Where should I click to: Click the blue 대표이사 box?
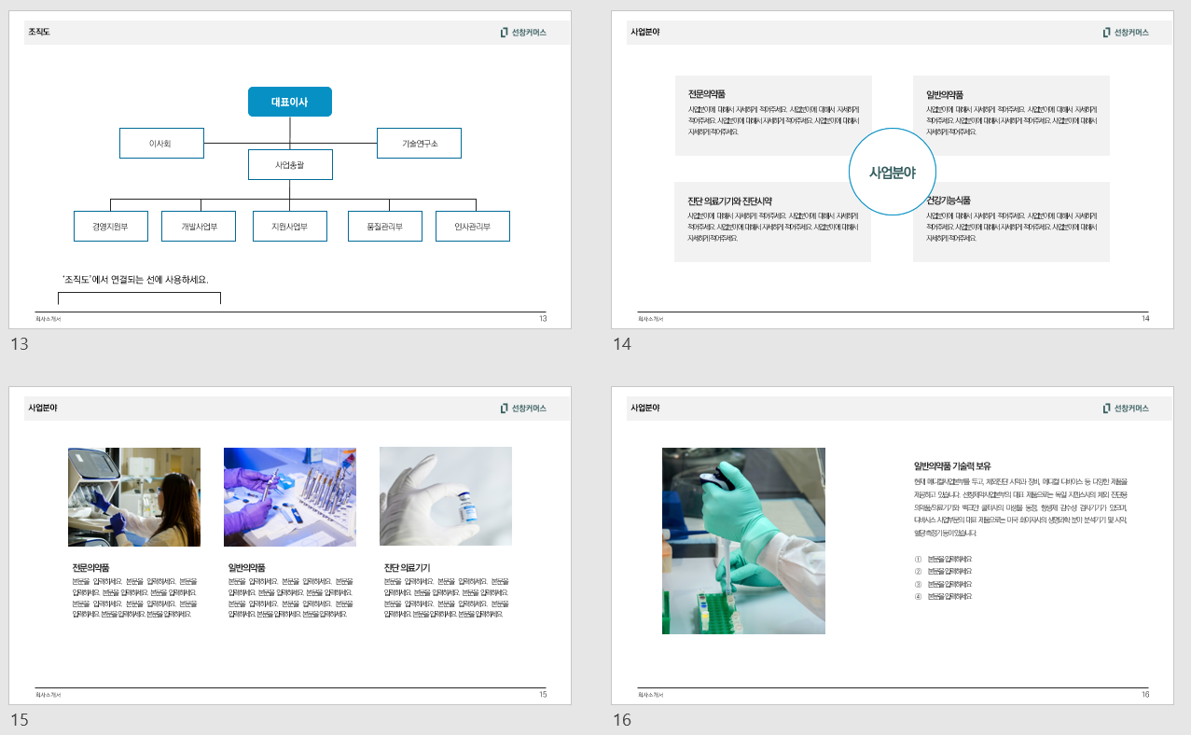pyautogui.click(x=289, y=102)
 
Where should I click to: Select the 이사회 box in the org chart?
pyautogui.click(x=161, y=144)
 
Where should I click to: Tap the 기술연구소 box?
pyautogui.click(x=419, y=144)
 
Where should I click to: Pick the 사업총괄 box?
pyautogui.click(x=290, y=165)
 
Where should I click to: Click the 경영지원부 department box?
pyautogui.click(x=110, y=227)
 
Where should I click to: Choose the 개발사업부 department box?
pyautogui.click(x=200, y=227)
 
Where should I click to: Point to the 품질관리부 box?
pyautogui.click(x=384, y=227)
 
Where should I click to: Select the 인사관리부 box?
pyautogui.click(x=473, y=227)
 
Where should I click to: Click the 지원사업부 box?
pyautogui.click(x=290, y=227)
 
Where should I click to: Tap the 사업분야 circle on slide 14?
pyautogui.click(x=893, y=172)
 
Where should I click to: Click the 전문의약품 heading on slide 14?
pyautogui.click(x=707, y=94)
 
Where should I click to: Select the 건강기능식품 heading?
pyautogui.click(x=949, y=201)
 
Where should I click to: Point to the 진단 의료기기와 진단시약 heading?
pyautogui.click(x=730, y=201)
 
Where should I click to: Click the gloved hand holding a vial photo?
pyautogui.click(x=446, y=496)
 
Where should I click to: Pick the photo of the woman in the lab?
pyautogui.click(x=134, y=496)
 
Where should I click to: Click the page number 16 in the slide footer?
pyautogui.click(x=1144, y=695)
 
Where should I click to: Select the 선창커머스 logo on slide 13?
pyautogui.click(x=523, y=33)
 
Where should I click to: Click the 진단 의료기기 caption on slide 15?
pyautogui.click(x=407, y=567)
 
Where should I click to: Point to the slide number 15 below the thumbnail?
pyautogui.click(x=20, y=719)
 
